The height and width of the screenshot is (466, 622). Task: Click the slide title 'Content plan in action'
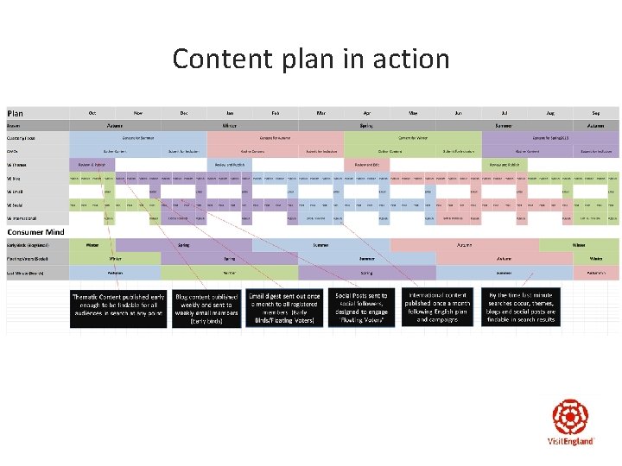pos(311,59)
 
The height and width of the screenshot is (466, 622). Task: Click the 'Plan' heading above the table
pos(16,113)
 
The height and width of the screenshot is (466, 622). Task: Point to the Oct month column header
pos(92,113)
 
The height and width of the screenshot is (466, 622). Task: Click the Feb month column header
pos(275,113)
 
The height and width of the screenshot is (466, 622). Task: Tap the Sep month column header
pos(596,113)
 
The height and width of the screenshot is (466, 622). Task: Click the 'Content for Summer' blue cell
pos(138,137)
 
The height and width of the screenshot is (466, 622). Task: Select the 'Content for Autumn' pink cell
pos(276,137)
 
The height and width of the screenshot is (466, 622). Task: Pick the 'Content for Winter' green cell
pos(413,137)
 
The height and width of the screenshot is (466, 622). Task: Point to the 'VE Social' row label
pos(16,205)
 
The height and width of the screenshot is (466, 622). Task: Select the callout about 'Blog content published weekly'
pos(206,308)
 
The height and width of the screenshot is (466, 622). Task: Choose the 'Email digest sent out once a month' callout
pos(282,308)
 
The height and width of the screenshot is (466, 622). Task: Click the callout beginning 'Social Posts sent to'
pos(361,308)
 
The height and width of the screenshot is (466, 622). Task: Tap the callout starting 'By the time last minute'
pos(522,308)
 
